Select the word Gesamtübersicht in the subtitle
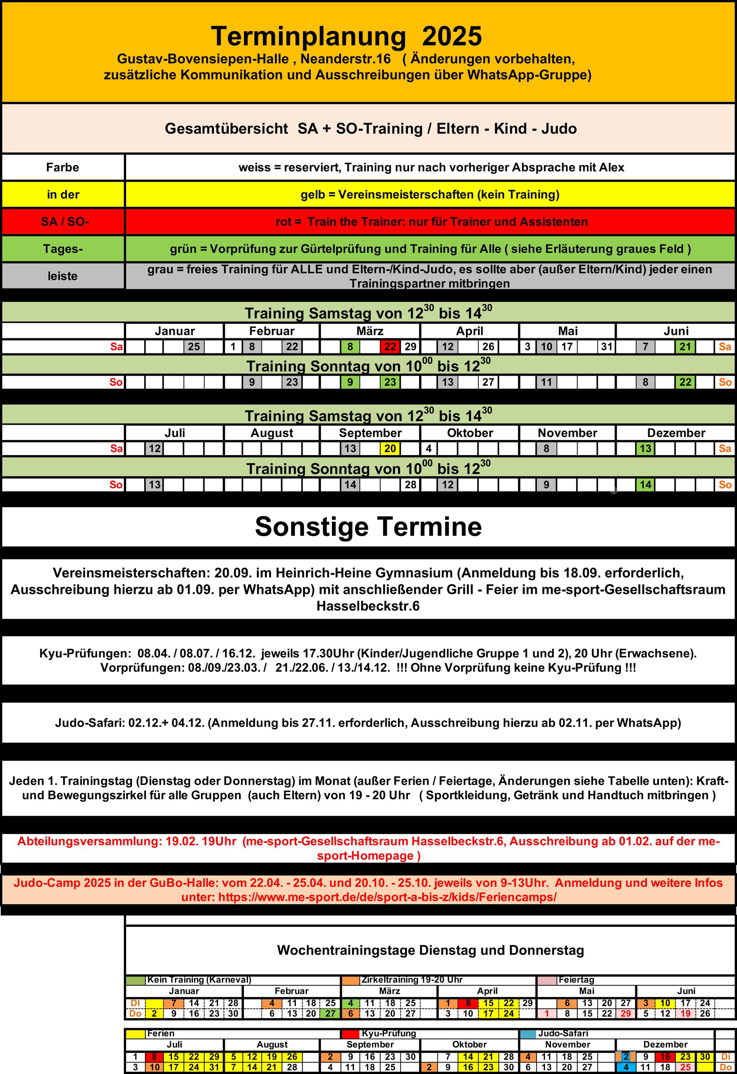coord(226,128)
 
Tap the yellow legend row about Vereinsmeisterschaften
coord(430,195)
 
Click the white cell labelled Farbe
coord(62,167)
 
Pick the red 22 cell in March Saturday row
coord(390,346)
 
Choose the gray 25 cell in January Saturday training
coord(194,346)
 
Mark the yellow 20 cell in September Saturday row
coord(390,448)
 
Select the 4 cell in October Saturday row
coord(428,448)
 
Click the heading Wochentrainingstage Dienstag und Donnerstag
coord(430,950)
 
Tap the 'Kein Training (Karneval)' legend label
coord(199,980)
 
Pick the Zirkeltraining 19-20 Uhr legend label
coord(412,980)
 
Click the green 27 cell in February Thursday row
coord(330,1013)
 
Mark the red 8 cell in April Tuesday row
coord(468,1003)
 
